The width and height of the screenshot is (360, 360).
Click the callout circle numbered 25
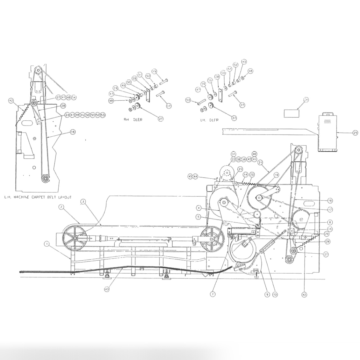355,133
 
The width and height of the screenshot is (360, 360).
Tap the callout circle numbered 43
107,289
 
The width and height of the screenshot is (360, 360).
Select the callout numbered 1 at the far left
47,244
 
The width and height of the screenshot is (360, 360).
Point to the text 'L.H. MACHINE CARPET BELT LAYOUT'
38,197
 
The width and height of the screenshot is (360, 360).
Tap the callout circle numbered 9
267,295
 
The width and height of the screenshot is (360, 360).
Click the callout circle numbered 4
198,208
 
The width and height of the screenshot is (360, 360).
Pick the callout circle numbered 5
198,217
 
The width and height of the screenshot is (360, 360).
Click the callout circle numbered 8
330,222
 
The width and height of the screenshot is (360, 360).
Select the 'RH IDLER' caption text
133,120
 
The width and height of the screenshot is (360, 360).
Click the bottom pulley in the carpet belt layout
46,179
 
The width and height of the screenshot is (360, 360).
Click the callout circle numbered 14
245,175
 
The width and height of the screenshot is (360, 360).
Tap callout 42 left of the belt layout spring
11,101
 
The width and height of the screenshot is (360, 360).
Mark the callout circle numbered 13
275,295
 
